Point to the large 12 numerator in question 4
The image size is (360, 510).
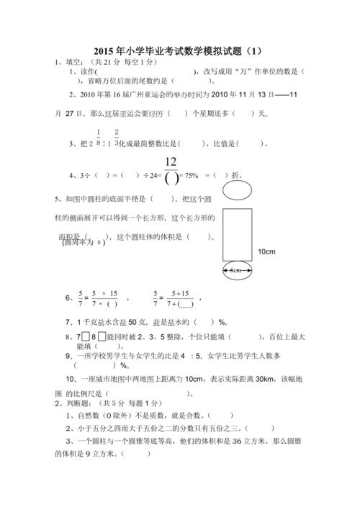tap(171, 161)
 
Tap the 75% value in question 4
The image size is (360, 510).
tap(189, 175)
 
